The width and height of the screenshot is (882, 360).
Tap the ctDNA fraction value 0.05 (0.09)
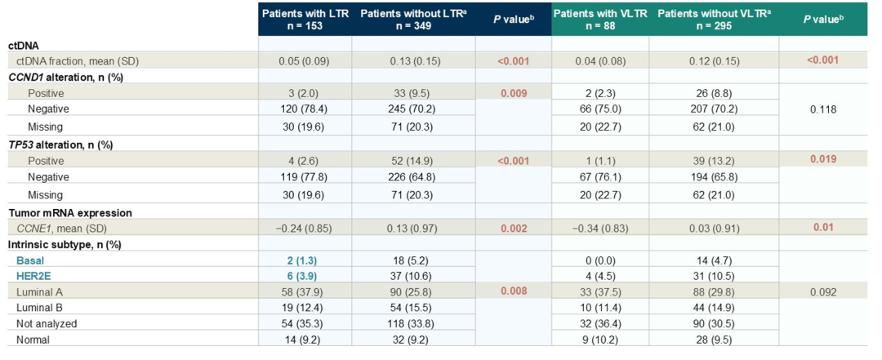pos(305,60)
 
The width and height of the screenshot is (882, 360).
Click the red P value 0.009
pos(513,92)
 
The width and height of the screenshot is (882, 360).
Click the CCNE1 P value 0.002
pos(513,229)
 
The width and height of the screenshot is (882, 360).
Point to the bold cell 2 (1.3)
pos(305,260)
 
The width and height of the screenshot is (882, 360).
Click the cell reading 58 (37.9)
pos(305,292)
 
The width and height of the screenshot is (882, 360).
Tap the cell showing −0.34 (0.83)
pos(600,229)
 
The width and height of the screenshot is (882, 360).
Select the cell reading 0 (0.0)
pos(600,260)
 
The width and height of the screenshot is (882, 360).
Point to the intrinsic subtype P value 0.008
pos(513,291)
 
